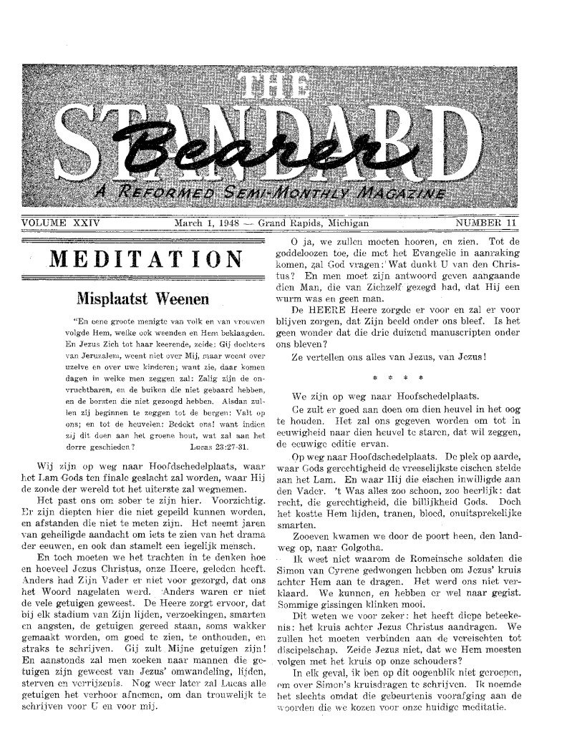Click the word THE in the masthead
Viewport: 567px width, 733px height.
click(x=283, y=87)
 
